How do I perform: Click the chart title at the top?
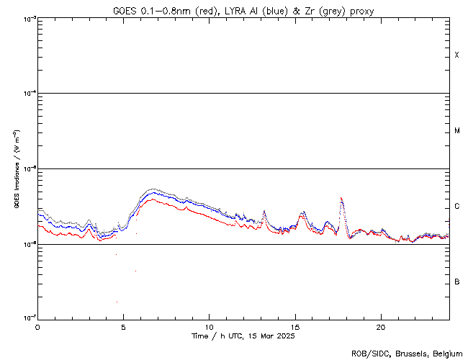[243, 11]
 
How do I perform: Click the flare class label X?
[456, 55]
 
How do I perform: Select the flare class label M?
[456, 131]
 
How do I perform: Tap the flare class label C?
[456, 207]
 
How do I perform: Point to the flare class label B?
[456, 282]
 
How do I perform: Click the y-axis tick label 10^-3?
[29, 19]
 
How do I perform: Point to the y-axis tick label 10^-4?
[29, 94]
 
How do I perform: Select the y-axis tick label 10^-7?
[29, 318]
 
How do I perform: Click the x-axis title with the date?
[243, 336]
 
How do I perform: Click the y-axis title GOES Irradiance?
[15, 169]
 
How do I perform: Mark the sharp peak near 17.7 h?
[341, 198]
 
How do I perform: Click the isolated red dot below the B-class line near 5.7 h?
[135, 271]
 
